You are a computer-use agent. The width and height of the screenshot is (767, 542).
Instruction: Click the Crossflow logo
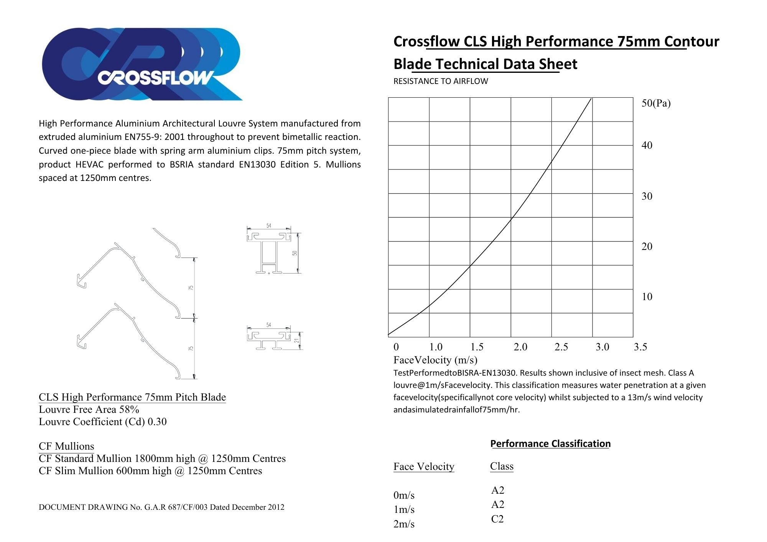142,64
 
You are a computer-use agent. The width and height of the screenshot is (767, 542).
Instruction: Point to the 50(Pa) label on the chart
656,103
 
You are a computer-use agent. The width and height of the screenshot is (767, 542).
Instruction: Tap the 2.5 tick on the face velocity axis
561,347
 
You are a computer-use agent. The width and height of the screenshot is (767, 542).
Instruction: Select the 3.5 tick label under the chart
640,347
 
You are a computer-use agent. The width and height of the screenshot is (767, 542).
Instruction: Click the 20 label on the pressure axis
647,246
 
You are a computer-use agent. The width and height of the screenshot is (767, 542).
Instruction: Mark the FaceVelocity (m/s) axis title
435,360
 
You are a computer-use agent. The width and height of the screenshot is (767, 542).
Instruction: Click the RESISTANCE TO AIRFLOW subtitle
441,81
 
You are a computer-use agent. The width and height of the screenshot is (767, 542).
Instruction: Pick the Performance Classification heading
550,443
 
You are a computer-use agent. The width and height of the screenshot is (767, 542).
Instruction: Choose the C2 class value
497,519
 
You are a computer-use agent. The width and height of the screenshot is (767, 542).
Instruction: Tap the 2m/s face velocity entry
404,524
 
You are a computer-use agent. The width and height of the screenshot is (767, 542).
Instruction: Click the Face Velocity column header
424,466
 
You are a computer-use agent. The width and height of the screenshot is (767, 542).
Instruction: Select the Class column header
502,466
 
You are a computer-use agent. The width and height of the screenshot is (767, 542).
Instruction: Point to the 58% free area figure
129,409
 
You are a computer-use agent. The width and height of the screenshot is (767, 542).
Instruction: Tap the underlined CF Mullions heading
66,446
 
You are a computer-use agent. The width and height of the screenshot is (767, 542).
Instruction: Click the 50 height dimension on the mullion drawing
295,253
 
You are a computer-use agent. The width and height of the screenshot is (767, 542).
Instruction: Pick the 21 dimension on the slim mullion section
296,340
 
